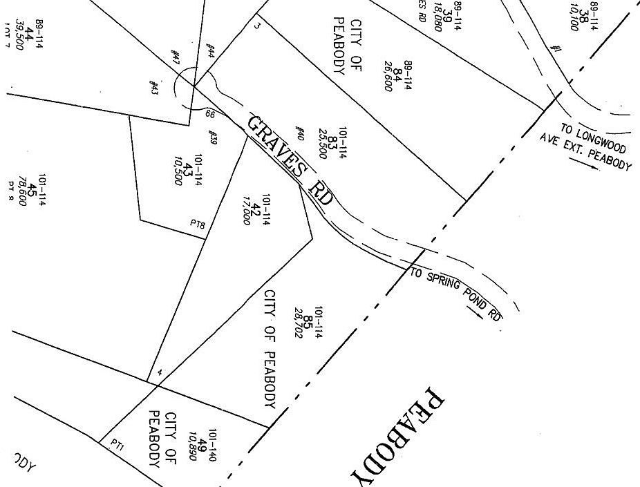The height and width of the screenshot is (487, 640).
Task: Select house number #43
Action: (153, 88)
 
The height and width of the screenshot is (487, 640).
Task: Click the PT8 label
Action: (198, 224)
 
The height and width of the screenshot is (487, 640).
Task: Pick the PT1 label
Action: (116, 447)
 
